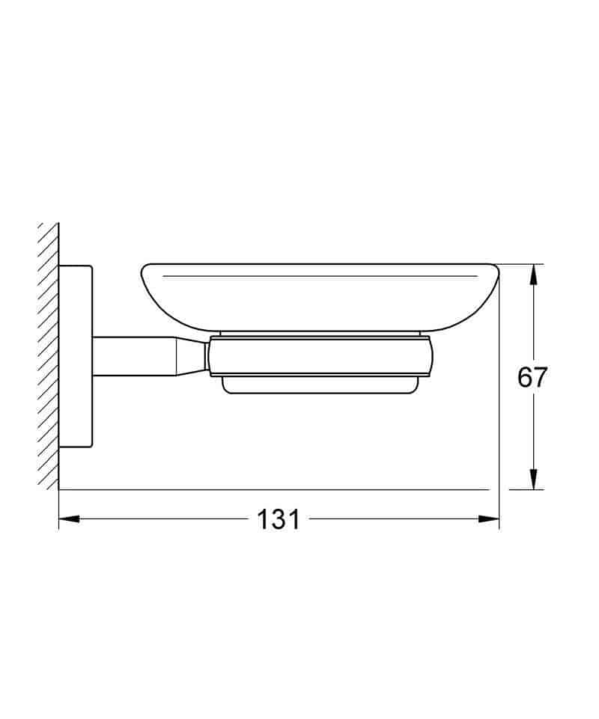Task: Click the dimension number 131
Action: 278,519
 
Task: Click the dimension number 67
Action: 532,377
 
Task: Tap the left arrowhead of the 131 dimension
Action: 70,519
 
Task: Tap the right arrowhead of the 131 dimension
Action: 488,519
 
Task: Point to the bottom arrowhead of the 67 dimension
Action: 533,479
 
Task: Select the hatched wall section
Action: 48,356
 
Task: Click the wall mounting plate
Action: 76,356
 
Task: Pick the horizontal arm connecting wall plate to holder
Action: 135,357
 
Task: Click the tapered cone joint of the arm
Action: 192,357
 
